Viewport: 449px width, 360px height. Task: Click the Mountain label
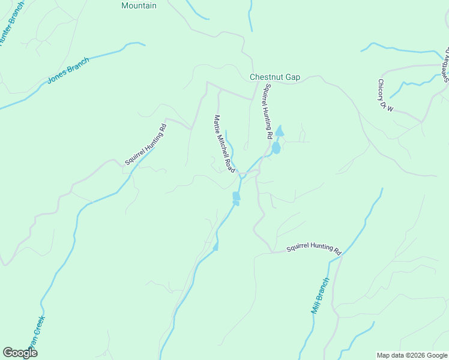[x=139, y=5]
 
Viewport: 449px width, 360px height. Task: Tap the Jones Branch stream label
[x=68, y=71]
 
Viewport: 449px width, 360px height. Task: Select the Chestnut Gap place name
[x=275, y=77]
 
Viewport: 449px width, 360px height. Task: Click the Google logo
[x=20, y=353]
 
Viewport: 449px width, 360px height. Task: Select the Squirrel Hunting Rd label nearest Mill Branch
[x=313, y=249]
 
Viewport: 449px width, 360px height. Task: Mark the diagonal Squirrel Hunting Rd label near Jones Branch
[x=145, y=145]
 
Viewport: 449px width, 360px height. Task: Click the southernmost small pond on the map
[x=215, y=246]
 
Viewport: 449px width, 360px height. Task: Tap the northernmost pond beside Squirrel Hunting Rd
[x=280, y=131]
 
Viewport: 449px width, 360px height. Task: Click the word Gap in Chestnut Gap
[x=294, y=77]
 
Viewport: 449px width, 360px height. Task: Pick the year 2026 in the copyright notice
[x=417, y=355]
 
